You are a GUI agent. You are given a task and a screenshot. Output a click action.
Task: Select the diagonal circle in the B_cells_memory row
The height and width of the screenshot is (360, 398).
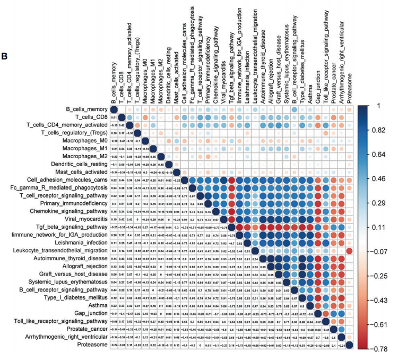[x=113, y=109]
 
